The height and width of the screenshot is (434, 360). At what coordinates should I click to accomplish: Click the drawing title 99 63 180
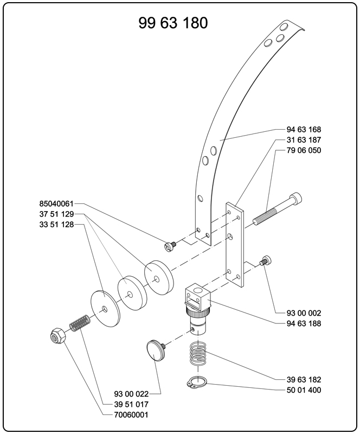coord(173,23)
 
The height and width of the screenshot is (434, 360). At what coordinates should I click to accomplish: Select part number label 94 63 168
coord(304,130)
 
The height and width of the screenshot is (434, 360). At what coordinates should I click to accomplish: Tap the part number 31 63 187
coord(304,140)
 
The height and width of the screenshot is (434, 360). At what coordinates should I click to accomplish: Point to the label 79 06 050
coord(304,150)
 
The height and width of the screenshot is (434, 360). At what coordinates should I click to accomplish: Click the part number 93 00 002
coord(304,313)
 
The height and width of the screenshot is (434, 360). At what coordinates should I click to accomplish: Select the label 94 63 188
coord(304,323)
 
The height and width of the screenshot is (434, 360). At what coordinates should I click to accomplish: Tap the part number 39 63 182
coord(304,379)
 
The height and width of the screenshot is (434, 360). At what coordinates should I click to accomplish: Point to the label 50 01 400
coord(304,390)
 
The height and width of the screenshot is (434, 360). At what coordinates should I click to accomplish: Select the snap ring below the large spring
coord(198,382)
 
